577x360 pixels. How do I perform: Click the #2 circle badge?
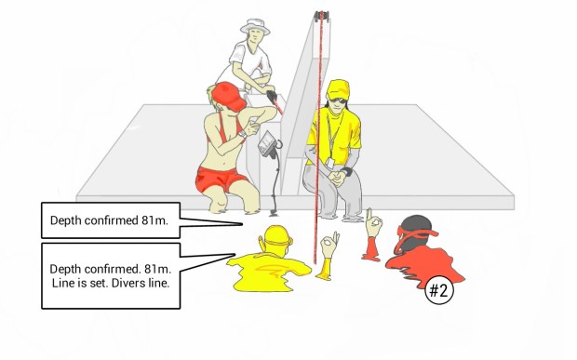(x=439, y=290)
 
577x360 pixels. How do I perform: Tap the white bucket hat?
(x=255, y=27)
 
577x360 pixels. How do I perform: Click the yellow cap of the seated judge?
(x=338, y=89)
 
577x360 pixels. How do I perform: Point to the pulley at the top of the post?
(x=321, y=16)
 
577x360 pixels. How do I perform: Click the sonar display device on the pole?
(x=267, y=144)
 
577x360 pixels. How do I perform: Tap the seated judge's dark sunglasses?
(x=337, y=100)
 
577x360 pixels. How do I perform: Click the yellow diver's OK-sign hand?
(x=329, y=244)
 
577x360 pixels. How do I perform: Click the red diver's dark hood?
(x=416, y=233)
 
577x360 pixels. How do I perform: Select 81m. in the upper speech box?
(x=154, y=220)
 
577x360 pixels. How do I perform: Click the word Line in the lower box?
(x=61, y=283)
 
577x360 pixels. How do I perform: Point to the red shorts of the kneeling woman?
(x=220, y=180)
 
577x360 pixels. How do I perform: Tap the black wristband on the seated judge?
(x=346, y=170)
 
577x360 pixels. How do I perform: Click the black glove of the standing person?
(x=272, y=97)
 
